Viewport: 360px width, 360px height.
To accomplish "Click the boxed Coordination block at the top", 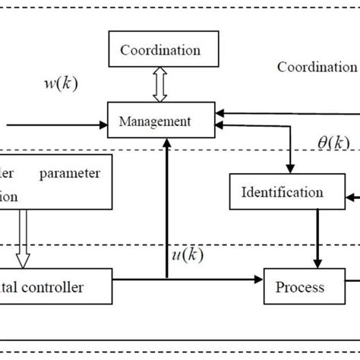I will (x=160, y=51).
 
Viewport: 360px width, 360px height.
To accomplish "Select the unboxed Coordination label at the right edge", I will (x=316, y=67).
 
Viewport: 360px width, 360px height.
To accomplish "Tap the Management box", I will (x=160, y=121).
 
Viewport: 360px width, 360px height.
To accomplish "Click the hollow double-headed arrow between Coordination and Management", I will (x=160, y=87).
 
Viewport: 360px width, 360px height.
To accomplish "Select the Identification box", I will (x=281, y=192).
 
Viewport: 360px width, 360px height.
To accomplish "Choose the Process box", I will (x=298, y=287).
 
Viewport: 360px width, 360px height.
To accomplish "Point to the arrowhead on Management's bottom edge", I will (x=166, y=143).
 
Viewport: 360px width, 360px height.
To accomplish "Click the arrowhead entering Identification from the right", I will (x=349, y=198).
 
